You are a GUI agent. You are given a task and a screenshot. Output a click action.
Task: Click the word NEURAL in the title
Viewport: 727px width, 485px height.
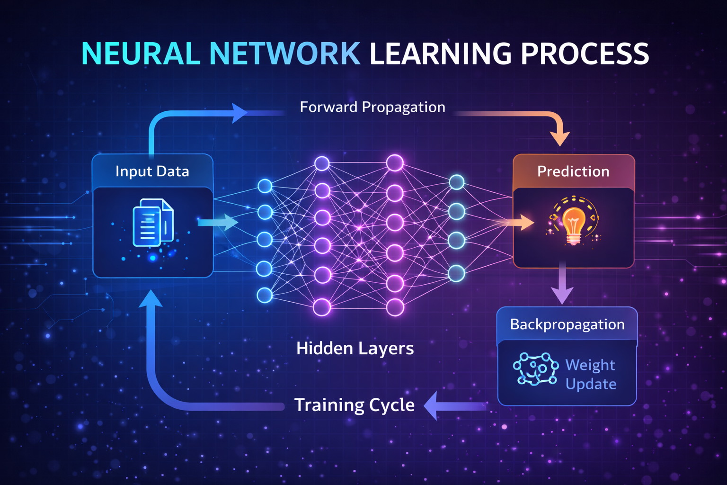pyautogui.click(x=141, y=54)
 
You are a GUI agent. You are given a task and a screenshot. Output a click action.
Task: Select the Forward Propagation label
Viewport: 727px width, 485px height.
pyautogui.click(x=372, y=107)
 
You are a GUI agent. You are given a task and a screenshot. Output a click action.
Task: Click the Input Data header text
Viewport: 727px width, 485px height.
pyautogui.click(x=152, y=171)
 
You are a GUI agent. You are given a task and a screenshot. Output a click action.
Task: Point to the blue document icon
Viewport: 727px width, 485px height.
pyautogui.click(x=152, y=222)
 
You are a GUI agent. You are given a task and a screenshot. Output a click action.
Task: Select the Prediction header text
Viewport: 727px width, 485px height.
pyautogui.click(x=573, y=171)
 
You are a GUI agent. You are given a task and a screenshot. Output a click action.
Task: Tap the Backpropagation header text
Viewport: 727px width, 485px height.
pyautogui.click(x=567, y=324)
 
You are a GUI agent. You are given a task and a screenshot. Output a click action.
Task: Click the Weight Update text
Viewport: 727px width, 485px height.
pyautogui.click(x=591, y=374)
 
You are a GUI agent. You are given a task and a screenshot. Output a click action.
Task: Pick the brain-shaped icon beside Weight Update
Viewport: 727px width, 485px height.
pyautogui.click(x=536, y=368)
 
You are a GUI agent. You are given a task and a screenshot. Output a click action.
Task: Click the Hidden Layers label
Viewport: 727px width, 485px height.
pyautogui.click(x=355, y=349)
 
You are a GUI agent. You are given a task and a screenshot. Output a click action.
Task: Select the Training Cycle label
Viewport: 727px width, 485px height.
pyautogui.click(x=355, y=405)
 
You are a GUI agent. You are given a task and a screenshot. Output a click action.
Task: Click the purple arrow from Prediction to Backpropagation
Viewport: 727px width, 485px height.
pyautogui.click(x=562, y=284)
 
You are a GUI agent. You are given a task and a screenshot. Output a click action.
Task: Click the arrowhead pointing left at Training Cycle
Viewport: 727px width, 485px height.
pyautogui.click(x=432, y=405)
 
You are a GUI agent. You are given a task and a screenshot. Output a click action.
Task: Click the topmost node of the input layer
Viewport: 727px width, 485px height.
pyautogui.click(x=265, y=186)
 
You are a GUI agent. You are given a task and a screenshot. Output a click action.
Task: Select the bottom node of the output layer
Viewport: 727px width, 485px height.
pyautogui.click(x=456, y=273)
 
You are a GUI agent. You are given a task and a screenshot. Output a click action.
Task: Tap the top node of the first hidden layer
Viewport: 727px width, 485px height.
pyautogui.click(x=322, y=164)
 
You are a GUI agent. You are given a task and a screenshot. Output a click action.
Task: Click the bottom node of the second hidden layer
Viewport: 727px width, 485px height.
pyautogui.click(x=395, y=307)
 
